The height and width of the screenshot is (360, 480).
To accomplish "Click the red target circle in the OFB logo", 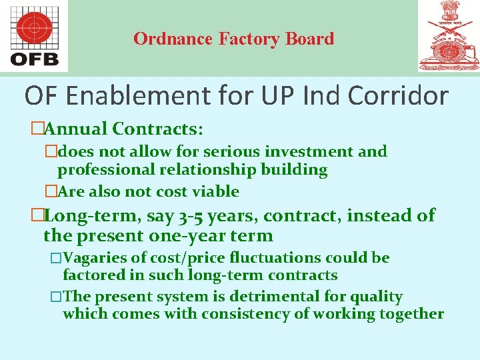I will tap(35, 28).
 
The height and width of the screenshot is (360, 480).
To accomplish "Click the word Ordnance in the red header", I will tap(173, 39).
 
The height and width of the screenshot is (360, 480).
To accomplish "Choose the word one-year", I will tap(192, 235).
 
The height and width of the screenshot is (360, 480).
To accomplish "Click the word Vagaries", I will tap(93, 257).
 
